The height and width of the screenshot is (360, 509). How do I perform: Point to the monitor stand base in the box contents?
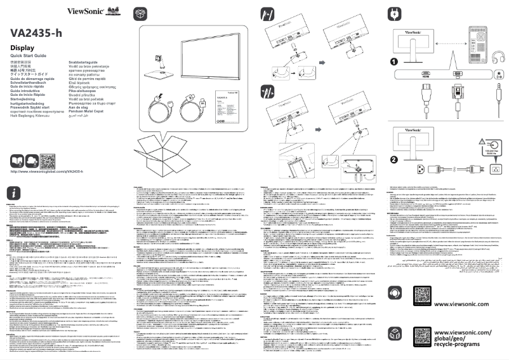(154, 74)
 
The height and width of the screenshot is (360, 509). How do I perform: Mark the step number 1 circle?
(394, 62)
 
